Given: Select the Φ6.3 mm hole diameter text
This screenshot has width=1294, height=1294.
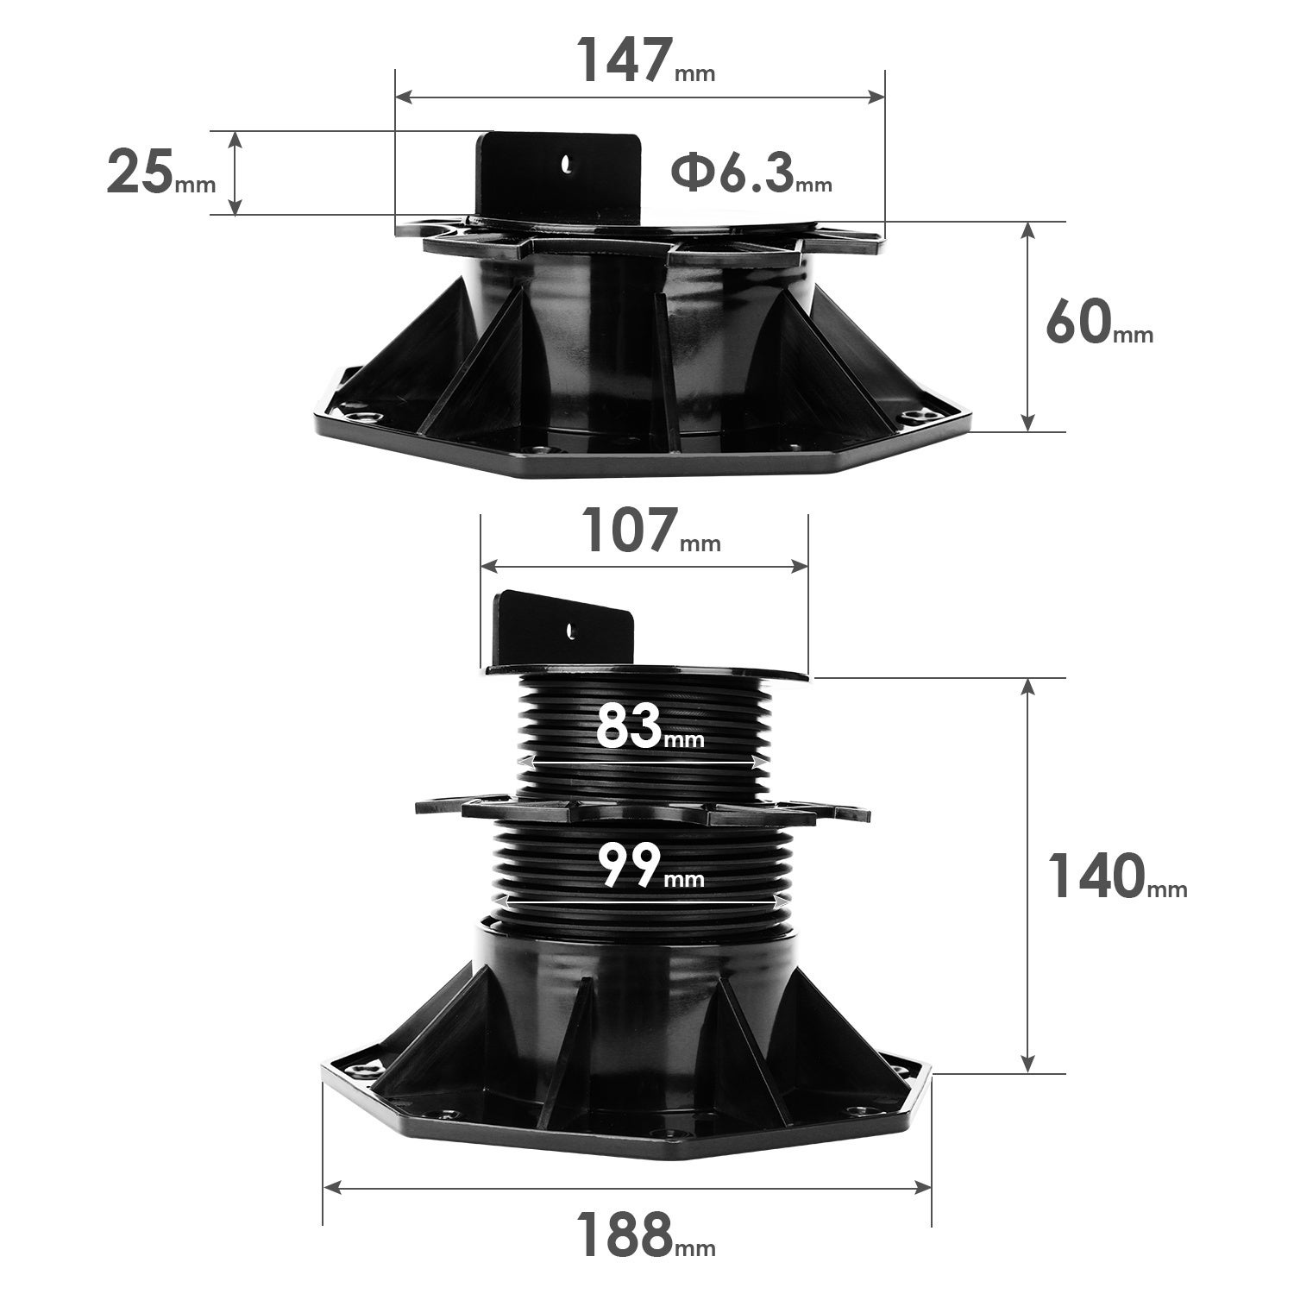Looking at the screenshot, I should click(x=751, y=173).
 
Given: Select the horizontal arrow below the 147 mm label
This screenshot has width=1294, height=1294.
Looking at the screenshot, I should click(x=640, y=97).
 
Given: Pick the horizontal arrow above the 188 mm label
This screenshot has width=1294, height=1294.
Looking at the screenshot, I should click(x=627, y=1188).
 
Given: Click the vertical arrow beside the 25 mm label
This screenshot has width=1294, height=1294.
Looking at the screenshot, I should click(x=235, y=173).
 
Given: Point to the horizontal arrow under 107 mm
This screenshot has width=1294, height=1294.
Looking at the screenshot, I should click(x=644, y=566).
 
